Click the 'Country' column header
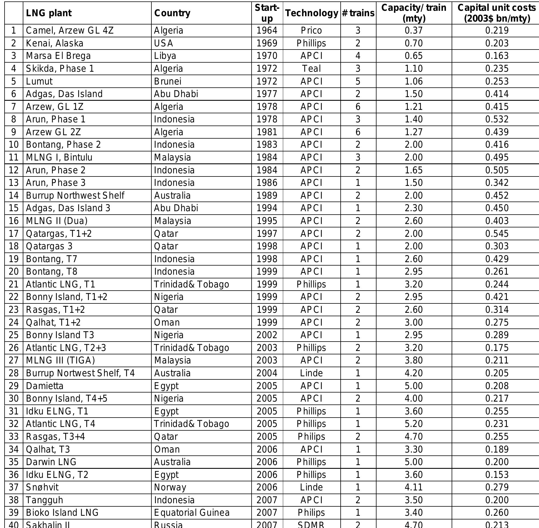[172, 13]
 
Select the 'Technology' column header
[312, 13]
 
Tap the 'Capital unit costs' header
[497, 13]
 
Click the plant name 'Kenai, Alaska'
[55, 43]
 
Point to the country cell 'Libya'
[165, 56]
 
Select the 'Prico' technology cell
[312, 30]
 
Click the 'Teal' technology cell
[312, 69]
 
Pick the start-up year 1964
[267, 30]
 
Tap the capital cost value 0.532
[497, 119]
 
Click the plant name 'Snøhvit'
[42, 487]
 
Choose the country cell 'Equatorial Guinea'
[192, 513]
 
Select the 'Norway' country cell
[170, 487]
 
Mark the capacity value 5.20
[414, 424]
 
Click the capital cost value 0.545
[497, 234]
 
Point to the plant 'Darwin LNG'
[51, 462]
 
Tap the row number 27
[14, 360]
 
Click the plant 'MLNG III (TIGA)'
[60, 360]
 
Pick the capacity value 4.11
[414, 487]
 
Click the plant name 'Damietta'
[45, 386]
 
